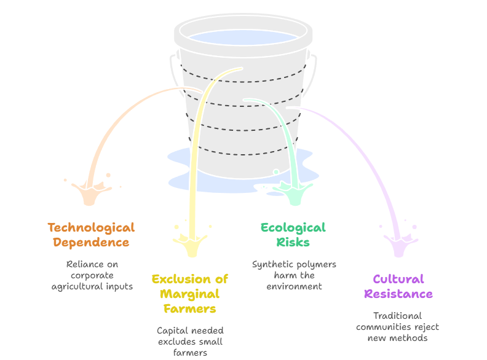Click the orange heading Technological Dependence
[x=91, y=235]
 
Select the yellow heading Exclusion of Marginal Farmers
[x=190, y=294]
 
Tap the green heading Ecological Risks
[x=293, y=235]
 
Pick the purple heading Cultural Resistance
[x=398, y=286]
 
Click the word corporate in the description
[x=92, y=275]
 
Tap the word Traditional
[x=397, y=316]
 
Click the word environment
[x=294, y=286]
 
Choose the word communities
[x=385, y=327]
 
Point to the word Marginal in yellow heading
[x=190, y=294]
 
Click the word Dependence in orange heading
[x=91, y=242]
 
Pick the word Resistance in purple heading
[x=398, y=294]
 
